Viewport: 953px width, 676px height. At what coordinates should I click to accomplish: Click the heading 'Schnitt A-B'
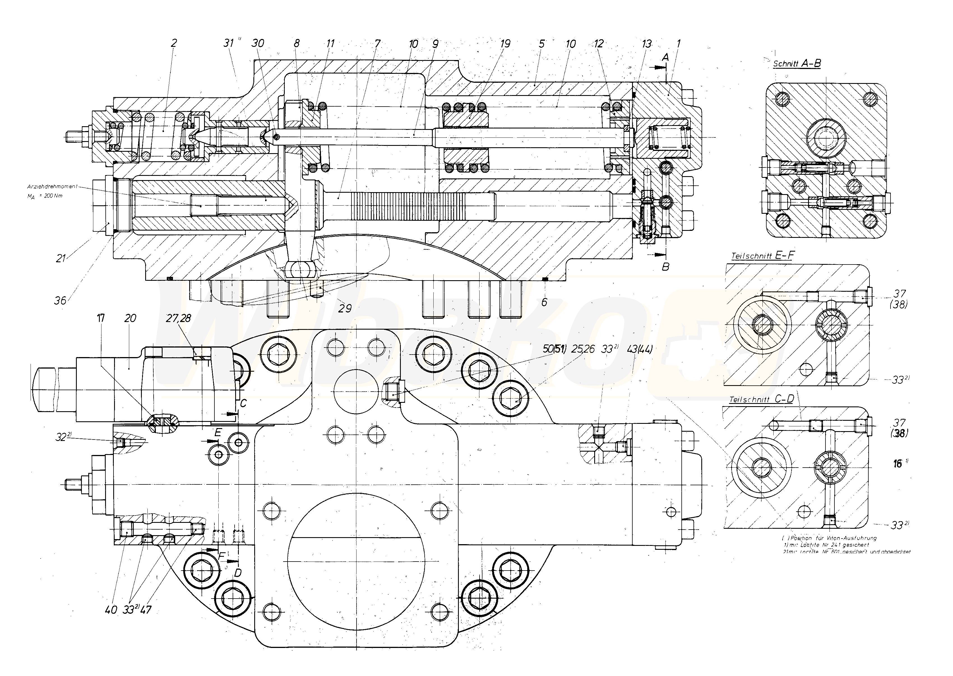797,64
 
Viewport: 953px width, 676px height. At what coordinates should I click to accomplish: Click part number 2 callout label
174,43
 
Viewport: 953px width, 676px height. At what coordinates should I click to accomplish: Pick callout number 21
61,259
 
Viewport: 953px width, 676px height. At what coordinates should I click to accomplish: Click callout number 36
60,300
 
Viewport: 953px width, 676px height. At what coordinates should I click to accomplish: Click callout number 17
101,318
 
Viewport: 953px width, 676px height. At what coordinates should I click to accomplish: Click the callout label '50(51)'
554,349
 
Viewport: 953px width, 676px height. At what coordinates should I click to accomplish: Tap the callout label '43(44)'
639,349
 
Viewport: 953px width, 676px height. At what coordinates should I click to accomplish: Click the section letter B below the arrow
666,266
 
